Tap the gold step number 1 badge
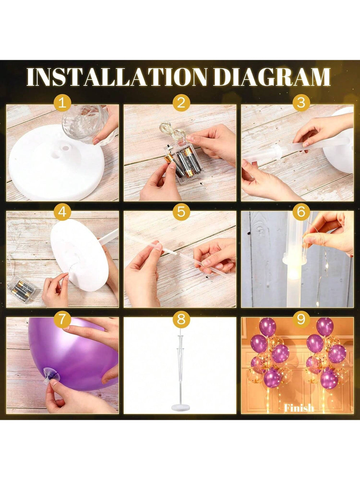63,103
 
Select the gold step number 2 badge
181,103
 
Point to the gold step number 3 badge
301,103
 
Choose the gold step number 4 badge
63,212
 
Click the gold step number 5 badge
181,212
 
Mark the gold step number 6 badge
301,212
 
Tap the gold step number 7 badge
63,319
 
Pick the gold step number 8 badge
181,319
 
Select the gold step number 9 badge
301,319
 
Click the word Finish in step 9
299,408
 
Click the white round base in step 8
181,408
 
